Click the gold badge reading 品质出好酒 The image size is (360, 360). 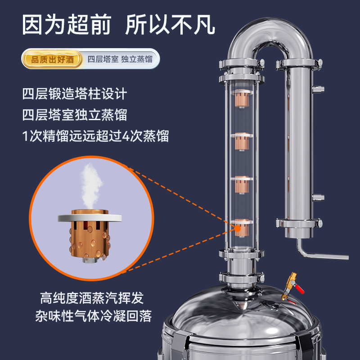point(52,59)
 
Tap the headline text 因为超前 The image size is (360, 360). point(67,24)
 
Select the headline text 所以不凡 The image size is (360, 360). point(170,24)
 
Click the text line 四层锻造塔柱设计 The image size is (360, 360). point(75,94)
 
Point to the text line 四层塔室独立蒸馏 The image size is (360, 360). point(75,115)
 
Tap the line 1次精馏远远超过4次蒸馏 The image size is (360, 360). point(95,136)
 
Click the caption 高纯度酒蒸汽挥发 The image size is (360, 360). point(92,298)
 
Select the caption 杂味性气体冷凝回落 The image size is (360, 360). point(94,316)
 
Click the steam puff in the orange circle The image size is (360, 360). point(91,186)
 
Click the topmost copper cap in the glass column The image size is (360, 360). point(242,98)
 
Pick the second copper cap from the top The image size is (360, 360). point(242,141)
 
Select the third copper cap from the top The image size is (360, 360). point(242,184)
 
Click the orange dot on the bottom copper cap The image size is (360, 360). point(238,229)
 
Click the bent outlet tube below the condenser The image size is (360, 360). point(321,255)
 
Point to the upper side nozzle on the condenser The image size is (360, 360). point(318,89)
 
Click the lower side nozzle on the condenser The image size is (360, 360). point(318,198)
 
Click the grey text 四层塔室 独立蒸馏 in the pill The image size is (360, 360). point(120,59)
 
